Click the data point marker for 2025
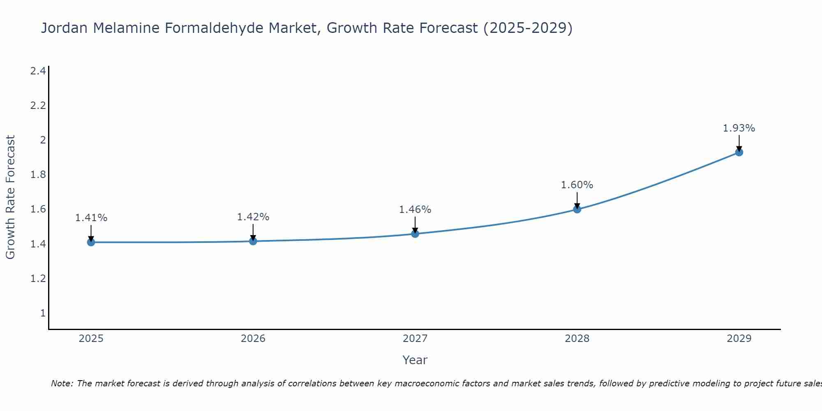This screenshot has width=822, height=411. (91, 242)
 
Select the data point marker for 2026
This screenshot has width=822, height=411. (253, 241)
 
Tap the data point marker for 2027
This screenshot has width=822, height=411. (415, 234)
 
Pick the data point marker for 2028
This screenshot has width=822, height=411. (577, 209)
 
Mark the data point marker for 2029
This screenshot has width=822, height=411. (739, 152)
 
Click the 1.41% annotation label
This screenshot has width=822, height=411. (91, 218)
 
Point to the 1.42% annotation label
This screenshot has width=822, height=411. (253, 217)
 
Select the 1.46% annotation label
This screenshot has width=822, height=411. (415, 210)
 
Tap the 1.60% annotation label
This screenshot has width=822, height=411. (577, 185)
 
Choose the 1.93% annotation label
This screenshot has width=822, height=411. (739, 128)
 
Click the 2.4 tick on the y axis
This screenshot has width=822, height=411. (38, 71)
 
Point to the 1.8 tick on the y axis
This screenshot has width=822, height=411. (38, 175)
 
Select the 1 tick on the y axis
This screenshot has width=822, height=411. (43, 313)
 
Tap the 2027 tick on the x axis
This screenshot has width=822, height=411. (415, 339)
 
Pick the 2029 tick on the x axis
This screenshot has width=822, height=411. (739, 339)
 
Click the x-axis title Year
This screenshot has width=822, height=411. (415, 360)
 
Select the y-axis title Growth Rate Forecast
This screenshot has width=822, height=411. (11, 197)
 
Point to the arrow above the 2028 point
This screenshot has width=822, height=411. (577, 200)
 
